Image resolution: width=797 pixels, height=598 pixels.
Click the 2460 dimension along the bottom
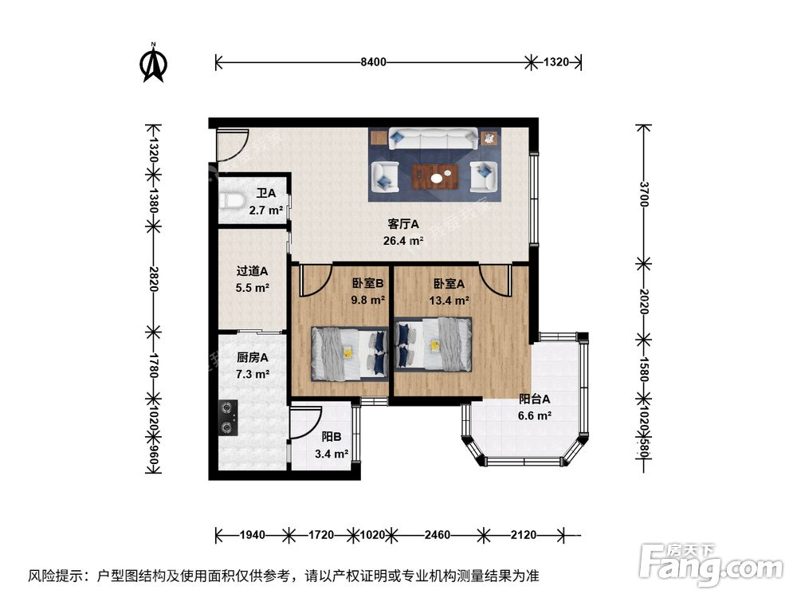point(435,535)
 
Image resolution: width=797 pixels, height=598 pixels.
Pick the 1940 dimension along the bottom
point(253,535)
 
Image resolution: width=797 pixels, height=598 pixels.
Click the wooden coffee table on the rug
point(435,174)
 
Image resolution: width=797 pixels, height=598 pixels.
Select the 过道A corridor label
point(252,271)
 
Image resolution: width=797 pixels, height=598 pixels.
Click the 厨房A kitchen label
point(252,358)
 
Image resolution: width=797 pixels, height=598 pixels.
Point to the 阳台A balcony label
point(535,399)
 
